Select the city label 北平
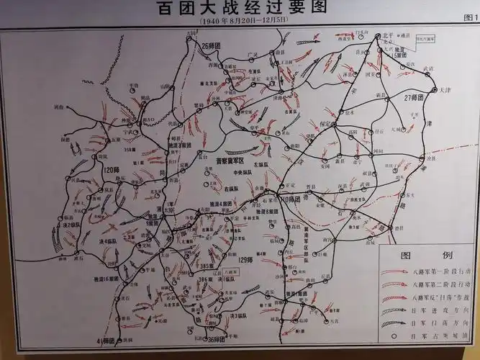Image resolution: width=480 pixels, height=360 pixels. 388,34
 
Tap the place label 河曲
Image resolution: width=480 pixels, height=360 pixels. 59,107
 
